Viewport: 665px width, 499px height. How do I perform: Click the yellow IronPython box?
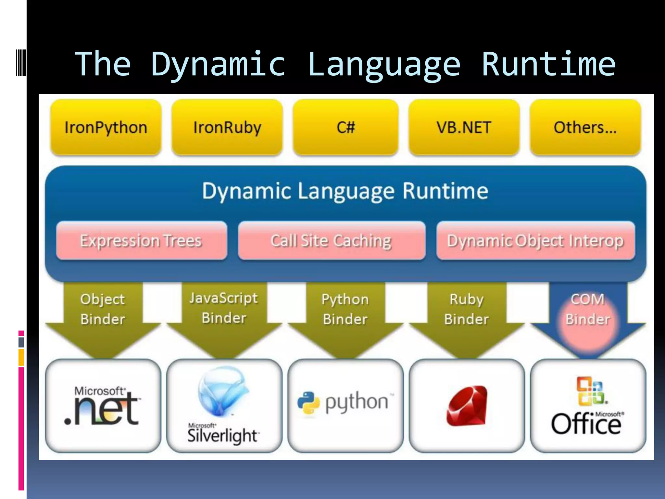click(x=106, y=127)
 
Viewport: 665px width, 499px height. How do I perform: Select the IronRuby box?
click(x=227, y=127)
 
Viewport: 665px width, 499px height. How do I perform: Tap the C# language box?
click(x=345, y=127)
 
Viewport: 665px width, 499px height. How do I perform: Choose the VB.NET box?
click(x=464, y=127)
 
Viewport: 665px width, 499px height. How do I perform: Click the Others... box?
click(x=585, y=127)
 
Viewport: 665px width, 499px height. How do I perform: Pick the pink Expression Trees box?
click(x=141, y=241)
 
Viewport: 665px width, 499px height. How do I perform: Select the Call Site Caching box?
click(x=332, y=241)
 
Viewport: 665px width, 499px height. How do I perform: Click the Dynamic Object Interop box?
click(x=535, y=241)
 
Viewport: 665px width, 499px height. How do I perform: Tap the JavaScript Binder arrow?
click(x=224, y=308)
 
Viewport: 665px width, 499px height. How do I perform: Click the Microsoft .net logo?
click(x=103, y=406)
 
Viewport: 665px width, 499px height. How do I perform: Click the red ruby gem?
click(x=467, y=406)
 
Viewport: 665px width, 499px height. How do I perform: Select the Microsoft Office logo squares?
click(x=591, y=391)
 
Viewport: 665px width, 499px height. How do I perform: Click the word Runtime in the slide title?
click(x=548, y=64)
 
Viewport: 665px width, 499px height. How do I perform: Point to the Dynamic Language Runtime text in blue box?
click(x=345, y=191)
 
